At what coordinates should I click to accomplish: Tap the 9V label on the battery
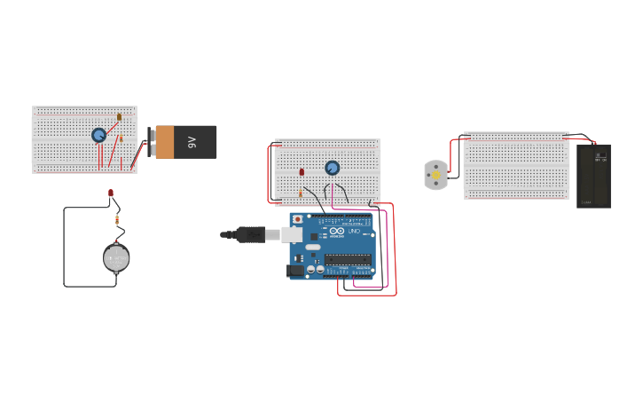pyautogui.click(x=191, y=142)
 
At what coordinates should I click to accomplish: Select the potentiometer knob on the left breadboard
pyautogui.click(x=98, y=135)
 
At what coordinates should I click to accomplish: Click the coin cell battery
pyautogui.click(x=116, y=258)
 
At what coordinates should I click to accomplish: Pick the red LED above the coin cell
pyautogui.click(x=111, y=193)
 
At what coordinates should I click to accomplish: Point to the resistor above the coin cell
pyautogui.click(x=116, y=219)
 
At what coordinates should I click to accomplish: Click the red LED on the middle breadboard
pyautogui.click(x=302, y=171)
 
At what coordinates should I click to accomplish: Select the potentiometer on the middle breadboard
pyautogui.click(x=333, y=168)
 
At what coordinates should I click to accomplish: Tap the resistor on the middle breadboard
pyautogui.click(x=301, y=191)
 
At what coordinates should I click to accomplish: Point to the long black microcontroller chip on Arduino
pyautogui.click(x=347, y=259)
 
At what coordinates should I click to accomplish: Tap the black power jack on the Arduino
pyautogui.click(x=296, y=271)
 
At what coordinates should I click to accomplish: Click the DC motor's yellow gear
pyautogui.click(x=435, y=176)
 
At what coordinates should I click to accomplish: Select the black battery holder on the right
pyautogui.click(x=593, y=177)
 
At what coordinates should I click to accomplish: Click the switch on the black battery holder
pyautogui.click(x=600, y=158)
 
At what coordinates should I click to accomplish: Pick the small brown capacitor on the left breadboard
pyautogui.click(x=119, y=117)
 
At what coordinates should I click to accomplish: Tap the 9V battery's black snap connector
pyautogui.click(x=152, y=142)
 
